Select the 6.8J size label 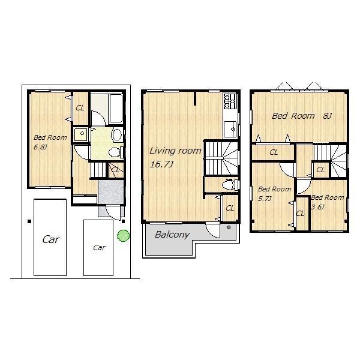[x=41, y=146]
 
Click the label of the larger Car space [x=51, y=239]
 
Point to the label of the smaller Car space [x=98, y=247]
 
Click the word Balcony [x=172, y=235]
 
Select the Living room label [x=175, y=151]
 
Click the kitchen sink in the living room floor [x=229, y=128]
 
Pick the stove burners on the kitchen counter [x=227, y=98]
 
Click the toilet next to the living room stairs [x=227, y=185]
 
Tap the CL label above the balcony [x=230, y=208]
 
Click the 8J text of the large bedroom [x=327, y=116]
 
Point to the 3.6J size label [x=318, y=206]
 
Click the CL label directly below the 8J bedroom [x=274, y=152]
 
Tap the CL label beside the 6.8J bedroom [x=80, y=108]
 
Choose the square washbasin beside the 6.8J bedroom [x=80, y=134]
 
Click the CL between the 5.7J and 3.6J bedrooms [x=300, y=213]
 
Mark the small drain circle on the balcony [x=229, y=228]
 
